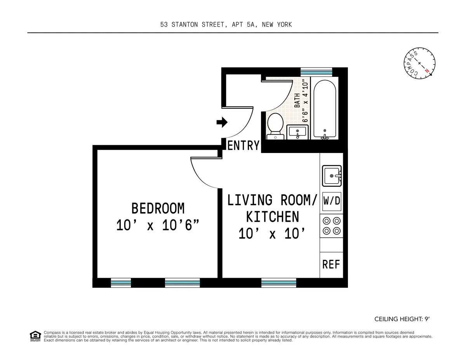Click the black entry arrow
pyautogui.click(x=222, y=123)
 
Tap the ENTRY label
pyautogui.click(x=243, y=146)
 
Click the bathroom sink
pyautogui.click(x=298, y=132)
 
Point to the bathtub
pyautogui.click(x=325, y=109)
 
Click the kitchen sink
pyautogui.click(x=332, y=176)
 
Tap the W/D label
pyautogui.click(x=332, y=201)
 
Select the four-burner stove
pyautogui.click(x=332, y=226)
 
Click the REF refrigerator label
pyautogui.click(x=331, y=264)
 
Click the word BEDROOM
pyautogui.click(x=158, y=209)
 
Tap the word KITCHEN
pyautogui.click(x=273, y=217)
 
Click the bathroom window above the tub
pyautogui.click(x=316, y=72)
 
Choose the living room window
pyautogui.click(x=278, y=283)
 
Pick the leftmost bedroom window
pyautogui.click(x=121, y=283)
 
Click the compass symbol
pyautogui.click(x=419, y=63)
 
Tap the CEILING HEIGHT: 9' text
pyautogui.click(x=402, y=319)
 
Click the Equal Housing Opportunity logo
pyautogui.click(x=35, y=336)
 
